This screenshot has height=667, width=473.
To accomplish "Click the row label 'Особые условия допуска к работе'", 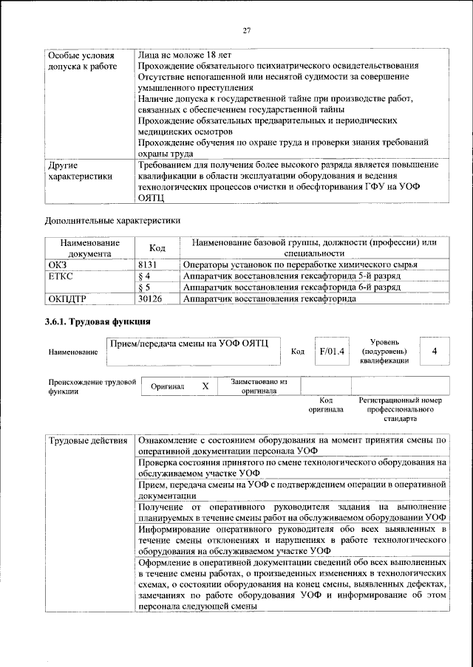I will pos(81,62).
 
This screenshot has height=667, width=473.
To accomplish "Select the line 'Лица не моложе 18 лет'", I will pos(185,55).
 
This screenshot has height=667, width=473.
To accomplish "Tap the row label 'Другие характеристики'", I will pos(81,171).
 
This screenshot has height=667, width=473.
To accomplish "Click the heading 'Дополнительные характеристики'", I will pos(112,219).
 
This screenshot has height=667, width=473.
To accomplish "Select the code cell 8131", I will pos(149,264).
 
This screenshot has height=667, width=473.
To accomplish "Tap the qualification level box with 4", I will pos(435,352).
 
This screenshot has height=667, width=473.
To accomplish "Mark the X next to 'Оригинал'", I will pos(205,386).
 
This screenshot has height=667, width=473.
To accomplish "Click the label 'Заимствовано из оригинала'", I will pos(258,386).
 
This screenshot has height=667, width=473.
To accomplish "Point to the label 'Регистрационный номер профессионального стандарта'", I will pos(400,408).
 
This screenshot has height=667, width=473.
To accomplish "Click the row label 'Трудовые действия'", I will pos(88,441).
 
